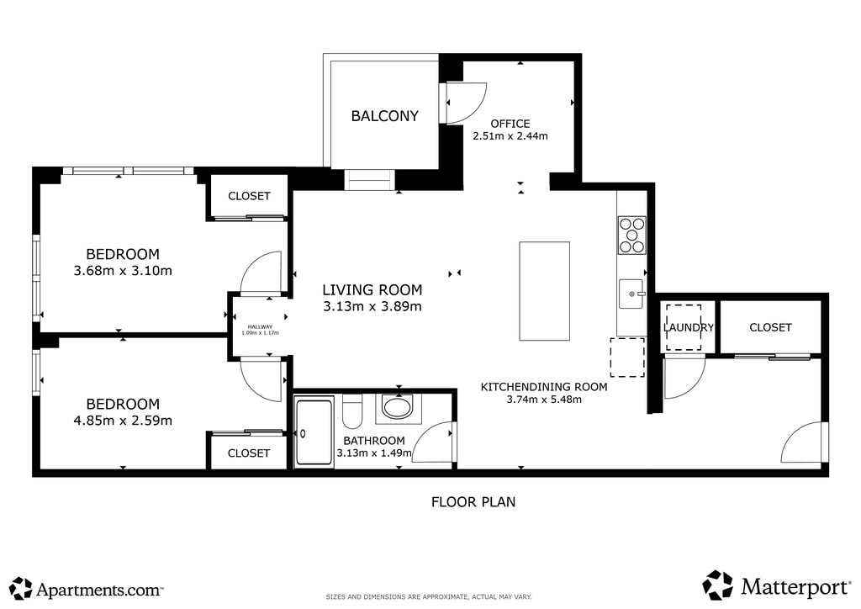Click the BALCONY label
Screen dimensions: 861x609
(384, 116)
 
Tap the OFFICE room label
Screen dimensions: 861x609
(510, 124)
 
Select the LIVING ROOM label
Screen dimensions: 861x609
(372, 289)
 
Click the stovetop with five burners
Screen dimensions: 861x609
(632, 235)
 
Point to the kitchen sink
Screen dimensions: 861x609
(631, 294)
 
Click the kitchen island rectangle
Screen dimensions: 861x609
(544, 291)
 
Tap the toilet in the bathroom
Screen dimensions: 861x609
(351, 410)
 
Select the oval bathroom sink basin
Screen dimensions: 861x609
(398, 409)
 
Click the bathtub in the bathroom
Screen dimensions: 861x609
(314, 433)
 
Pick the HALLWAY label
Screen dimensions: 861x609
(260, 326)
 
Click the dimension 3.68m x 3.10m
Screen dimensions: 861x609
(123, 271)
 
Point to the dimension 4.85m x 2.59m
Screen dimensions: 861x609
(123, 421)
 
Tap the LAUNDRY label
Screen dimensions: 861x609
(689, 327)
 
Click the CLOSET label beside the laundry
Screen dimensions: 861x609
(770, 327)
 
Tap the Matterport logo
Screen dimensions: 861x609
(776, 586)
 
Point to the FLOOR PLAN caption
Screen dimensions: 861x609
(473, 502)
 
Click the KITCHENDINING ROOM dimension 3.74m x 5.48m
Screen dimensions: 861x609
(544, 400)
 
